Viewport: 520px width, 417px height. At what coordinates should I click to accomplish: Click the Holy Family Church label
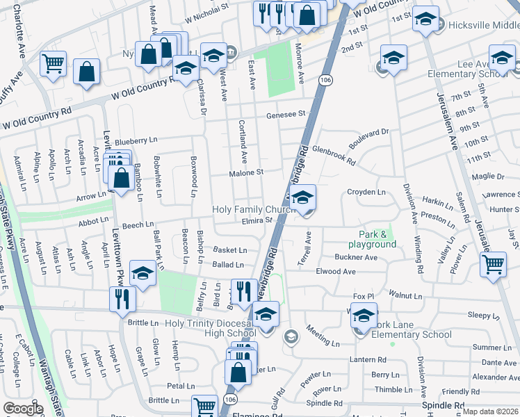pyautogui.click(x=254, y=209)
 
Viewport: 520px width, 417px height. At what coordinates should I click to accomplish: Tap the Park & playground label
pyautogui.click(x=377, y=239)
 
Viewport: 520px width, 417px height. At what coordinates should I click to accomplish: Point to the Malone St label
pyautogui.click(x=247, y=172)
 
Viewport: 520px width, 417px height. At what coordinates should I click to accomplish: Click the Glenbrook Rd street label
pyautogui.click(x=334, y=154)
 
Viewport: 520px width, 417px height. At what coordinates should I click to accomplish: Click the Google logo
pyautogui.click(x=23, y=409)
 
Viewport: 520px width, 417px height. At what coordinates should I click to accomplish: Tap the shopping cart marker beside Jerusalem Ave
pyautogui.click(x=493, y=265)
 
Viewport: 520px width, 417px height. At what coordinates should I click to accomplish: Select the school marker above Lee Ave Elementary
pyautogui.click(x=501, y=57)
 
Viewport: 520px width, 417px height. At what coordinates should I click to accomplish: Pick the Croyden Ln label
pyautogui.click(x=366, y=192)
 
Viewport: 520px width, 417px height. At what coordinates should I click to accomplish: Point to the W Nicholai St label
pyautogui.click(x=206, y=6)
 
